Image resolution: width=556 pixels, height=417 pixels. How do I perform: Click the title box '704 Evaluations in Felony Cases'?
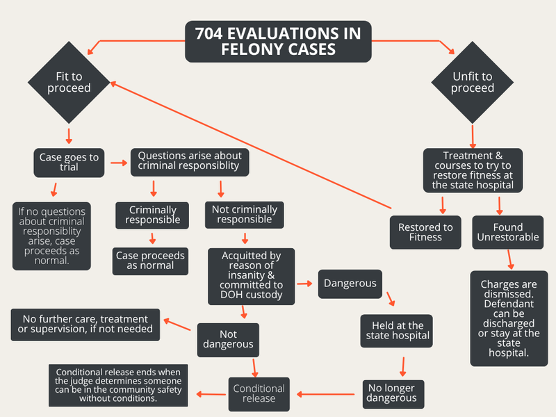[279, 42]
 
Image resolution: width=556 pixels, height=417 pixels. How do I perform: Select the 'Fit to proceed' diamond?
[69, 82]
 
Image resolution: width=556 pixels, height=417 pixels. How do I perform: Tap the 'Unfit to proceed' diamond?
[473, 82]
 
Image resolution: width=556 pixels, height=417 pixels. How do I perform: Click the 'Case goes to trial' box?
[69, 163]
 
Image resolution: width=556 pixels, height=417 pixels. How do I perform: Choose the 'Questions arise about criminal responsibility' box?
[190, 162]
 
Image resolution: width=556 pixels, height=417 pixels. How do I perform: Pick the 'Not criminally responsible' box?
[245, 215]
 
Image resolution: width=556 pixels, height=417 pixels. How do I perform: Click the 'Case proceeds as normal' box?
[150, 261]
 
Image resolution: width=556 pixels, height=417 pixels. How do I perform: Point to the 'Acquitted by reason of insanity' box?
[251, 276]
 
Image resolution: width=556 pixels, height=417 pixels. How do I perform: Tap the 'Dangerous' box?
[350, 284]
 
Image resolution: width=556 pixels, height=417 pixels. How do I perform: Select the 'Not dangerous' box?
[228, 340]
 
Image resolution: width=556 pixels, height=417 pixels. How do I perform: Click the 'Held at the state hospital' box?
[396, 331]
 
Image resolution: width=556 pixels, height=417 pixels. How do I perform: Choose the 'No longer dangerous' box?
[393, 394]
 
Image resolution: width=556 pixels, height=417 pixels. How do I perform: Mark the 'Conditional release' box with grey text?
[259, 394]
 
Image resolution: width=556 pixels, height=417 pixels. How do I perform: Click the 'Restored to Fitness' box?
[425, 232]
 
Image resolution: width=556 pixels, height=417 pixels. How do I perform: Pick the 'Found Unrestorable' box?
[508, 232]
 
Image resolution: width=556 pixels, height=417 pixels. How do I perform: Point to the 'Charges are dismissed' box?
[509, 318]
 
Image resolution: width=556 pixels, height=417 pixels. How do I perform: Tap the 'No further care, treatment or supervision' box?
[85, 325]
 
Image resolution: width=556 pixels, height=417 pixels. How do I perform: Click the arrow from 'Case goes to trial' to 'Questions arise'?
[119, 163]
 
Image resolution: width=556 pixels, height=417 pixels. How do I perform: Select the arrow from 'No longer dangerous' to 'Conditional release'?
[325, 394]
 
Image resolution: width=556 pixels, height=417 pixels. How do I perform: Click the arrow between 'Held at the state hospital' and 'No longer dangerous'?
[403, 367]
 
